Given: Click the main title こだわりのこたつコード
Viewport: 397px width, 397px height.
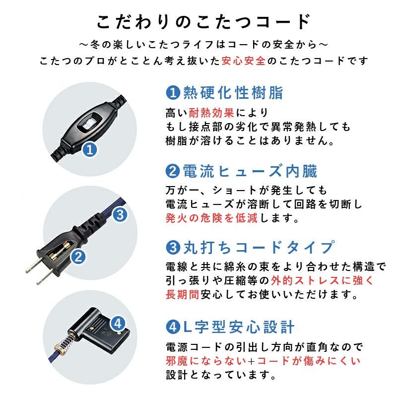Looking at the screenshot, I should (x=203, y=22).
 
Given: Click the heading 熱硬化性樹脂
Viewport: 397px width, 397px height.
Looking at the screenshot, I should (x=233, y=92).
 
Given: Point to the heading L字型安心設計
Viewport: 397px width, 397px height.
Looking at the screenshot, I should (x=239, y=327).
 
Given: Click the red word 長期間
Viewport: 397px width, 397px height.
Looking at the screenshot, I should (x=182, y=294).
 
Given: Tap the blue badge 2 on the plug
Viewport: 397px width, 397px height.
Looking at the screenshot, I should (x=78, y=257).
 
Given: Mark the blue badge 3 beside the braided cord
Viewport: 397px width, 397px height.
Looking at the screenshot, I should (x=121, y=215).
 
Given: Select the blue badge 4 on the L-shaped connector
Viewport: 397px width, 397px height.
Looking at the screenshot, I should (x=118, y=324).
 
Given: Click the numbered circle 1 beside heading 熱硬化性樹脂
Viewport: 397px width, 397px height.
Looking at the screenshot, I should (x=172, y=92).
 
